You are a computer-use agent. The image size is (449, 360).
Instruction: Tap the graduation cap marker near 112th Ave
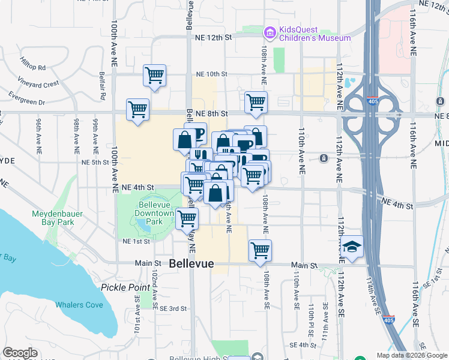click(x=351, y=247)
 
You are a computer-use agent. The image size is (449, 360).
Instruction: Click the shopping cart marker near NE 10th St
click(x=154, y=76)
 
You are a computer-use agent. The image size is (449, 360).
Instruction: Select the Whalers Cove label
click(x=79, y=305)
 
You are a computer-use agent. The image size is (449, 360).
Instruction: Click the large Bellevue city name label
click(x=191, y=263)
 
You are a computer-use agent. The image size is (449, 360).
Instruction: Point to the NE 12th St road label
click(x=213, y=37)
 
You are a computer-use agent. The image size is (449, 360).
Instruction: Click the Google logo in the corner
click(x=20, y=353)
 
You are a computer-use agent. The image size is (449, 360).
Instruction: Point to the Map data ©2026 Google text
click(x=411, y=355)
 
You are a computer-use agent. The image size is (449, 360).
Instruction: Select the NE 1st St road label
click(x=136, y=241)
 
